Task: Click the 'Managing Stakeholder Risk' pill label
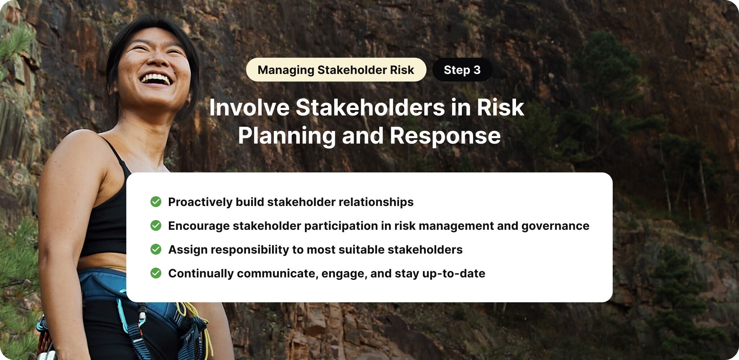point(336,70)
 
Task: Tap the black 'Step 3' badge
point(462,70)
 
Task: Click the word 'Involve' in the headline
point(249,107)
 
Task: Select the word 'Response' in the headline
point(445,136)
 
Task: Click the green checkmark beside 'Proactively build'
point(156,202)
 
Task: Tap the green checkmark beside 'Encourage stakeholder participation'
point(156,225)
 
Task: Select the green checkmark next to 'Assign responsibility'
point(156,249)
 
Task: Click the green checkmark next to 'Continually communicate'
point(156,273)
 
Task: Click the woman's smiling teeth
point(156,78)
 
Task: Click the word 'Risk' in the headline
point(500,107)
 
